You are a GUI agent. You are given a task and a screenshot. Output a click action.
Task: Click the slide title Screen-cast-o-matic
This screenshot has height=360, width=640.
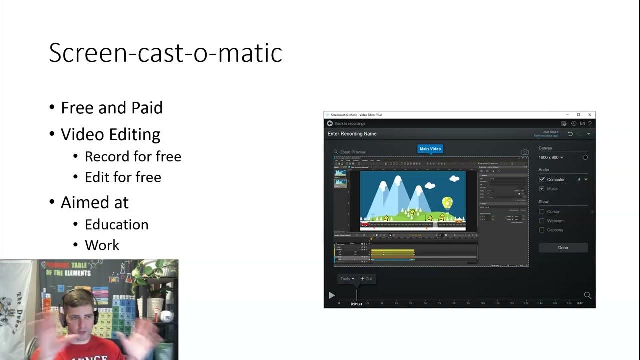click(x=165, y=53)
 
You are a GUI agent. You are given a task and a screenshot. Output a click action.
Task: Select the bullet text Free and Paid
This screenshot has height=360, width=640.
click(x=111, y=108)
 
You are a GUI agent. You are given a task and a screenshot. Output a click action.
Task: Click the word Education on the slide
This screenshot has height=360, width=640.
click(x=116, y=224)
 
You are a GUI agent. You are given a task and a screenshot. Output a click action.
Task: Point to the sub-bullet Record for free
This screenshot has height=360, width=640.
click(x=133, y=156)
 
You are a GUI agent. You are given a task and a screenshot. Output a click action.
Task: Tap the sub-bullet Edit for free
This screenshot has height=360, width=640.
click(x=123, y=177)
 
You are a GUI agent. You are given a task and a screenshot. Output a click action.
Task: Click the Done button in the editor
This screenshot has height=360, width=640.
click(x=563, y=248)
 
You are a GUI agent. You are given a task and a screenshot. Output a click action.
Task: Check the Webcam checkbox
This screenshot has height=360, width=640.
click(x=541, y=221)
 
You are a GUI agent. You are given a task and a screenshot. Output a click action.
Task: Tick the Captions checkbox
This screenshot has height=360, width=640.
click(x=541, y=230)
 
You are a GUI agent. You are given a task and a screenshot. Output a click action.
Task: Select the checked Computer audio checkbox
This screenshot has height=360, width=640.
click(x=542, y=179)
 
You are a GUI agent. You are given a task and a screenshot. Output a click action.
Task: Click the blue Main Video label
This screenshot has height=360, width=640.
click(x=430, y=149)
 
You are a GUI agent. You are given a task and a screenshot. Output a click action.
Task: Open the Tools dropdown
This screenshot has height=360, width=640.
click(x=347, y=279)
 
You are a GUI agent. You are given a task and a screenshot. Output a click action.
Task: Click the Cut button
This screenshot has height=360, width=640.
click(x=366, y=279)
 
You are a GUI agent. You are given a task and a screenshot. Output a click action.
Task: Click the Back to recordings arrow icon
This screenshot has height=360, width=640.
click(x=330, y=123)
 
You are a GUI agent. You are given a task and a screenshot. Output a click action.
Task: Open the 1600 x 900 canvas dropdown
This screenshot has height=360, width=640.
click(x=551, y=157)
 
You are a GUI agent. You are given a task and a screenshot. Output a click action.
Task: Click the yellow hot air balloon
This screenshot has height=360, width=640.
click(x=447, y=202)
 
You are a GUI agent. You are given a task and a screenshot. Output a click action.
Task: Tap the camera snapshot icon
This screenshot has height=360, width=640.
click(x=525, y=152)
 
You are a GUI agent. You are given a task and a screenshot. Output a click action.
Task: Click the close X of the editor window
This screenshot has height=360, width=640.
click(x=590, y=115)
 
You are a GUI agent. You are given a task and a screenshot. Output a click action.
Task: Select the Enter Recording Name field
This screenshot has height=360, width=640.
click(x=352, y=134)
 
